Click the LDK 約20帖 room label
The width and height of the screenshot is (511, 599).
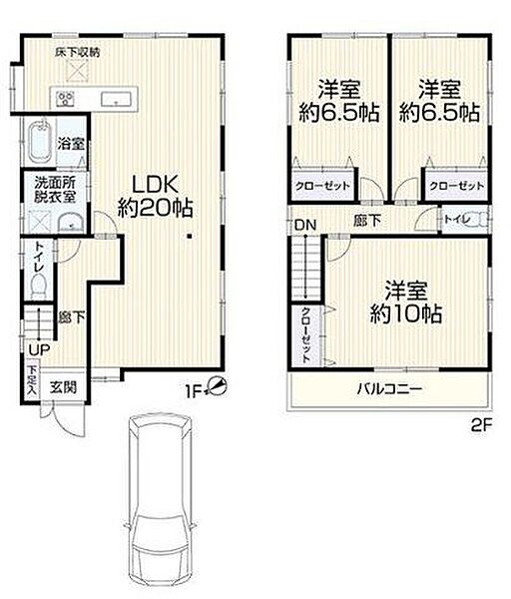pos(155,197)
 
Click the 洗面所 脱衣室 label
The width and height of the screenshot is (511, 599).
pos(48,190)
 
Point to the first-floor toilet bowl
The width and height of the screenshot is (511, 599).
pos(39,286)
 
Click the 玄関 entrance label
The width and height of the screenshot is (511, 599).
pos(62,386)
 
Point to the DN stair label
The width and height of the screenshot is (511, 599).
pos(304,225)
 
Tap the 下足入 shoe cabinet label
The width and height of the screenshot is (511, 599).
pos(31,382)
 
